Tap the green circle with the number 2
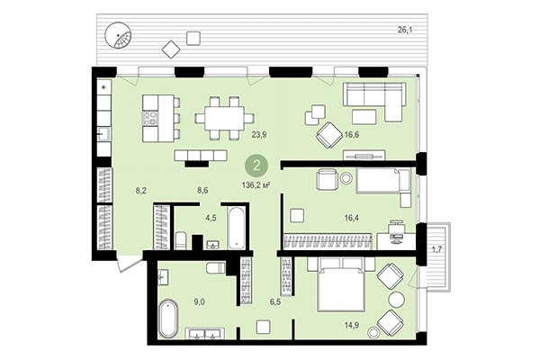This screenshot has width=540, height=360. (x=258, y=166)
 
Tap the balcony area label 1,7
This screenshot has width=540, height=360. (x=437, y=247)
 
